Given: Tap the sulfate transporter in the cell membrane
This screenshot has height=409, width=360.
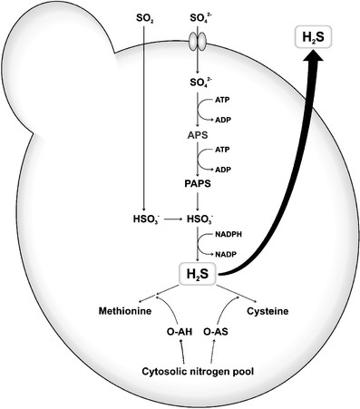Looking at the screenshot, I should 197,43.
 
